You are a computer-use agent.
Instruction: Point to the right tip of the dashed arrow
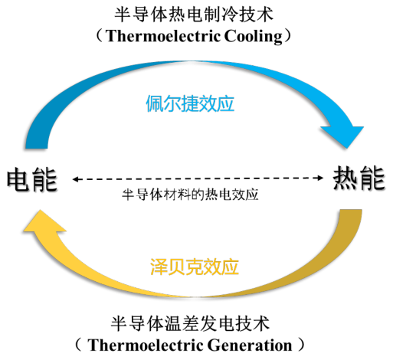click(x=322, y=178)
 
